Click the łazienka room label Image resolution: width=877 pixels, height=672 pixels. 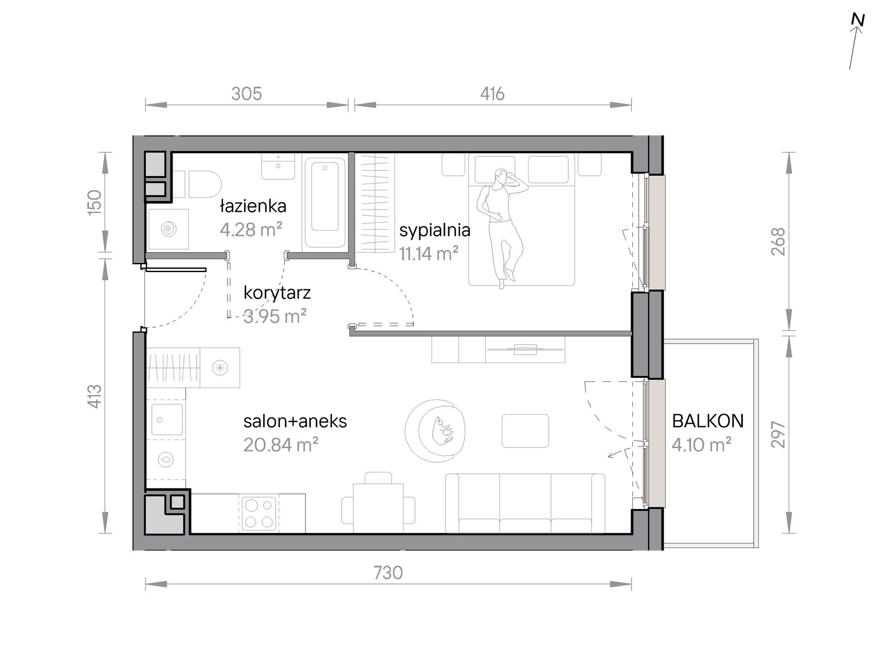coord(253,206)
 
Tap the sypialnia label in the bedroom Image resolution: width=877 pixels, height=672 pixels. coord(435,230)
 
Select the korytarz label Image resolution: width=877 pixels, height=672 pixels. coord(277,293)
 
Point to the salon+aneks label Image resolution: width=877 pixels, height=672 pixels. coord(295,421)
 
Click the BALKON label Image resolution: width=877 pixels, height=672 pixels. coord(708,421)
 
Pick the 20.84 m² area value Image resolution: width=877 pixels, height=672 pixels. coord(281,445)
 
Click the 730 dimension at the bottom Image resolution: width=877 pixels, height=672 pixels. coord(388,573)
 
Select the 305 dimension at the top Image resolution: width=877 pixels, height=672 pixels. coord(246,94)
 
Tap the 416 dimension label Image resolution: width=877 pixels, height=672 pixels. coord(493,94)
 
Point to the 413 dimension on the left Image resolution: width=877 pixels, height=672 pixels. coord(94,396)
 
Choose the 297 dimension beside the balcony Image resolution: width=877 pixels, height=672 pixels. coord(778,434)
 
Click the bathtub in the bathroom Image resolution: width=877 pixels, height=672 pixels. coord(325,203)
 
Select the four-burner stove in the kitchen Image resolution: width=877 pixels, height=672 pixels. coord(259,513)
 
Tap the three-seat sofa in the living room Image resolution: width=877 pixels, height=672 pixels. coord(525,503)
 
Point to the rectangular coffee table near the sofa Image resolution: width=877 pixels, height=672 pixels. coord(525,431)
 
